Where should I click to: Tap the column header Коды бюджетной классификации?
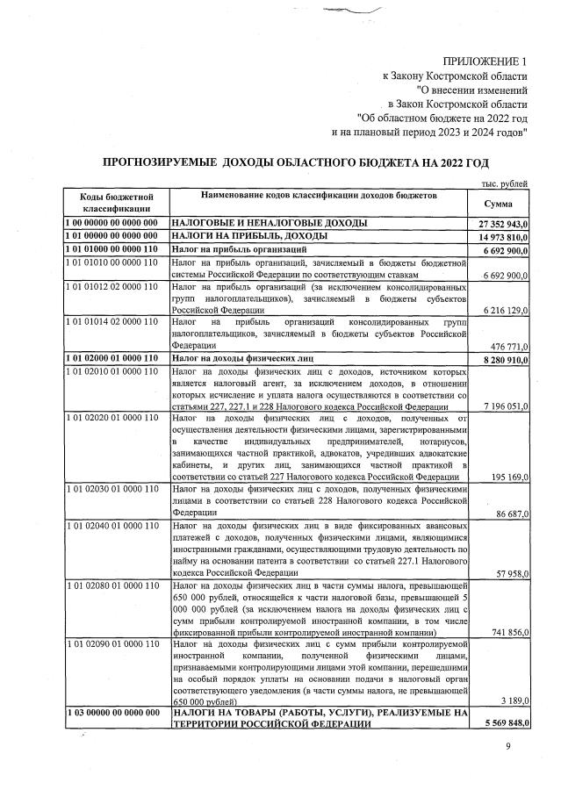(x=111, y=204)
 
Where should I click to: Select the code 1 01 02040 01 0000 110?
(x=111, y=525)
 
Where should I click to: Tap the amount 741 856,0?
(x=508, y=632)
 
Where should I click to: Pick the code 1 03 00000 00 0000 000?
(x=111, y=713)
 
